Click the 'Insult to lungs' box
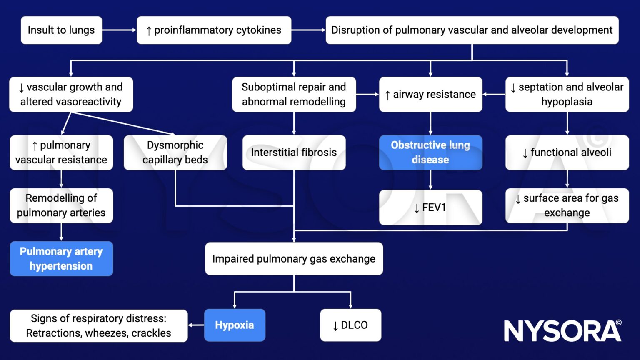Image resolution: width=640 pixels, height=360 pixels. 61,30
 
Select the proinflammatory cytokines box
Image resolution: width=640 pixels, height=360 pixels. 214,30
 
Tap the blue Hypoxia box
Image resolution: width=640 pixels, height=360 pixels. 235,325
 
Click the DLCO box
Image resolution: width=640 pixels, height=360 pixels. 350,325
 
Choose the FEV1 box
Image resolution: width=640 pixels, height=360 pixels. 430,207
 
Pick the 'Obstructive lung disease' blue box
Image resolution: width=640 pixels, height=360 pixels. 430,152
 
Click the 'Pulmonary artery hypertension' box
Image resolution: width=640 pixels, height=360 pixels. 61,259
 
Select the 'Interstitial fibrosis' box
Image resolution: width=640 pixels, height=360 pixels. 294,152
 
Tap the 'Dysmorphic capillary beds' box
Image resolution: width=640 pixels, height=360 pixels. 175,152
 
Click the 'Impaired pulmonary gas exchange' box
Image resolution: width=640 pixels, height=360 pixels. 294,259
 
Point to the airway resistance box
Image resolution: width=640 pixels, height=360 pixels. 430,94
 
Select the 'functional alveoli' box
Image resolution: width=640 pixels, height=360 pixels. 567,152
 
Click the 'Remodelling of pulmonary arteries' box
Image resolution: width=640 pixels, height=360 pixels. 61,205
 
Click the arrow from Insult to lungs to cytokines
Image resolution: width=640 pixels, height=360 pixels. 120,30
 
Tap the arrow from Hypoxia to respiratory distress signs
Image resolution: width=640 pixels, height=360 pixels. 196,325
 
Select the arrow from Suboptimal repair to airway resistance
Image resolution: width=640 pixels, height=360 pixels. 367,94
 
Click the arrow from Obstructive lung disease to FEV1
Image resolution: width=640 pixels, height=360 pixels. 430,180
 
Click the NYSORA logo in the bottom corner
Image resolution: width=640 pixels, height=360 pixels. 562,331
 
